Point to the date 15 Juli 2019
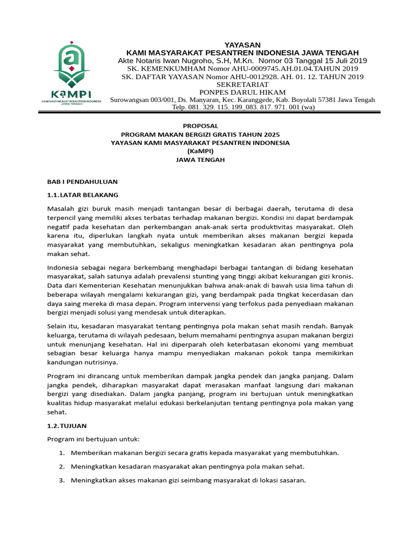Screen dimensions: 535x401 pos(341,61)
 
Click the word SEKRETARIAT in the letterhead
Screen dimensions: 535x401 pos(242,85)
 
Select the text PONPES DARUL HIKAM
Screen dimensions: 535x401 pos(242,92)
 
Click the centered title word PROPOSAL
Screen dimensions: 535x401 pos(200,126)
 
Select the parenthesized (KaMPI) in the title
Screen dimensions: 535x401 pos(200,151)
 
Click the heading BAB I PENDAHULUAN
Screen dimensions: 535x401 pos(82,182)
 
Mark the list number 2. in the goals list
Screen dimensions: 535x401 pos(61,466)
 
